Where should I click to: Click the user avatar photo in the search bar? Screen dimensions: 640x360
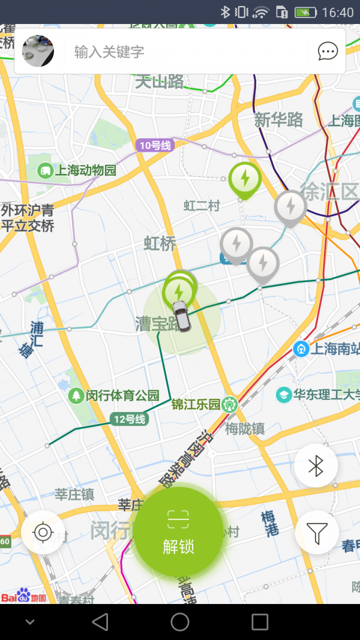38,52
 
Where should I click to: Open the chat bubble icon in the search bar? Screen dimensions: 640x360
328,52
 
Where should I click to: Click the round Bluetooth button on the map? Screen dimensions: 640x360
316,466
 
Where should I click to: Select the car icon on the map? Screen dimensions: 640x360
181,316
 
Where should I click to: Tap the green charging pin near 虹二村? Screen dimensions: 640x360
245,178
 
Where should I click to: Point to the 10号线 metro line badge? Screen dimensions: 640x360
155,145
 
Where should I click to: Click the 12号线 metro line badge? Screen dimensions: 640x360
129,419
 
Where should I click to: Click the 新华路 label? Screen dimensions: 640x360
278,120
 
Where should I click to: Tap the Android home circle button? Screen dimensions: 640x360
180,622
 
